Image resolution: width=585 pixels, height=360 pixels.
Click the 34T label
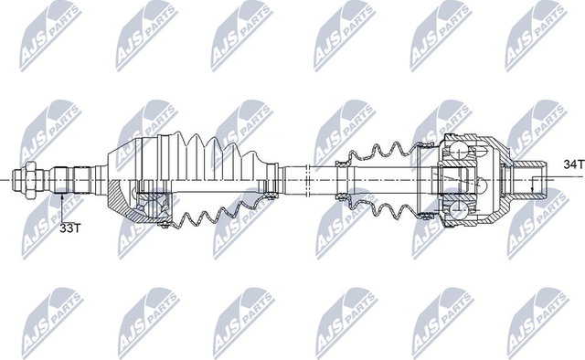(572, 165)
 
